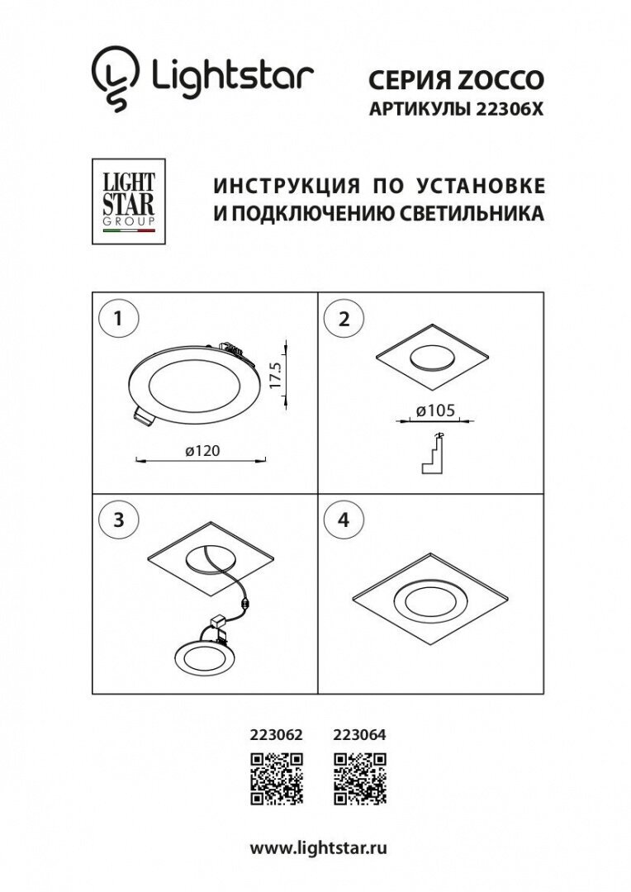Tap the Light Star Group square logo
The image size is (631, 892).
click(x=127, y=201)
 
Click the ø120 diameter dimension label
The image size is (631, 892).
click(x=201, y=450)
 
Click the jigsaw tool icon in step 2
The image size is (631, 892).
click(x=434, y=453)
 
